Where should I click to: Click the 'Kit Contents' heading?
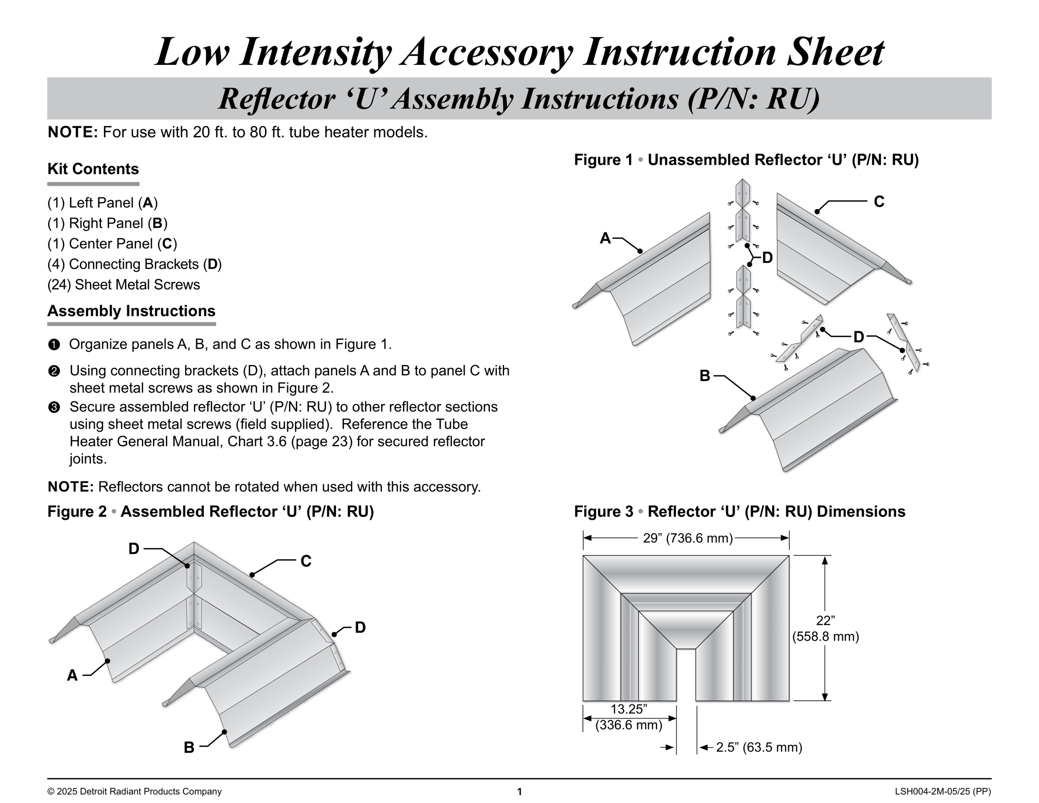93,169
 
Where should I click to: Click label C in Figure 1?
879,202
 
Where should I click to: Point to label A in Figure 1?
605,238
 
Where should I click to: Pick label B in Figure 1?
705,376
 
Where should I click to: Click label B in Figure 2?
189,747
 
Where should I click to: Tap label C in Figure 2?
306,561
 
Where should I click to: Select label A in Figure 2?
72,675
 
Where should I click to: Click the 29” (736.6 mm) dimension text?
688,538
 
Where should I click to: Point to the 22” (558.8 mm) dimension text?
826,629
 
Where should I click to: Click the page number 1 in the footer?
519,792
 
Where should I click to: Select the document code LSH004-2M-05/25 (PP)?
942,792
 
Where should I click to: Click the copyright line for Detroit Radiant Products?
134,792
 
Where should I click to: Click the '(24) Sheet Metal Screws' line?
124,285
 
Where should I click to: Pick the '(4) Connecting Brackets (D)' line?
134,264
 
